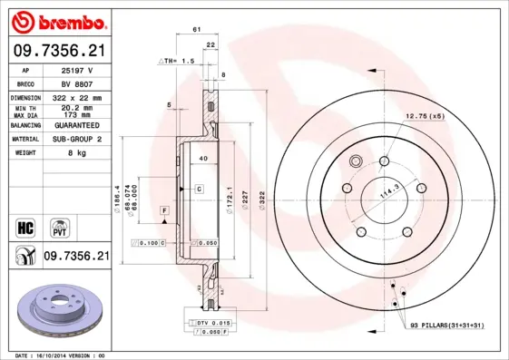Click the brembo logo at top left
click(57, 21)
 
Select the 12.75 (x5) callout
click(423, 115)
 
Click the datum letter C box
click(197, 188)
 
